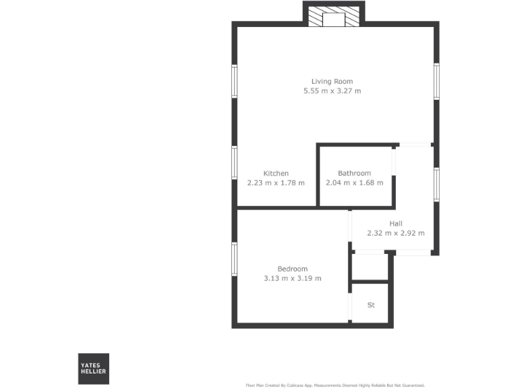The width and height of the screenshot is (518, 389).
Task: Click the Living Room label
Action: coord(332,82)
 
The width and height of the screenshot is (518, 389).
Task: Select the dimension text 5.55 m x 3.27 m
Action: coord(332,90)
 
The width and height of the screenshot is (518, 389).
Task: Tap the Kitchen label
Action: coord(276,174)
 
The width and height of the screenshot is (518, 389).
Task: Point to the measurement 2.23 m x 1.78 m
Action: coord(276,182)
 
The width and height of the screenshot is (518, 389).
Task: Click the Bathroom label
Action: coord(354,174)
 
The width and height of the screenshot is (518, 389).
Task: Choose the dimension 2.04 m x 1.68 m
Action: coord(354,182)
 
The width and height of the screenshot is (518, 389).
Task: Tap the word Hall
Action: coord(395,224)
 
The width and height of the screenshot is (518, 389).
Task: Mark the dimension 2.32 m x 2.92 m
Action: coord(395,233)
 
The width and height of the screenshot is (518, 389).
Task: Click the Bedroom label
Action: coord(292,269)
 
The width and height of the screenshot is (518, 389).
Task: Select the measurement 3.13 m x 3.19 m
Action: coord(292,278)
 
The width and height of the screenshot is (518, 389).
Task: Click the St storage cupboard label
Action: coord(370,305)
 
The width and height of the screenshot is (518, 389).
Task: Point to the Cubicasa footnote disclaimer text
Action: coord(335,385)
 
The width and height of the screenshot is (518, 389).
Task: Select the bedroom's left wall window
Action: coord(234,259)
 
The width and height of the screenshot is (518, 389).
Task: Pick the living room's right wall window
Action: coord(436,82)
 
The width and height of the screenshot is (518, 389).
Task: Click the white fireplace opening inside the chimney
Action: coord(333,19)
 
